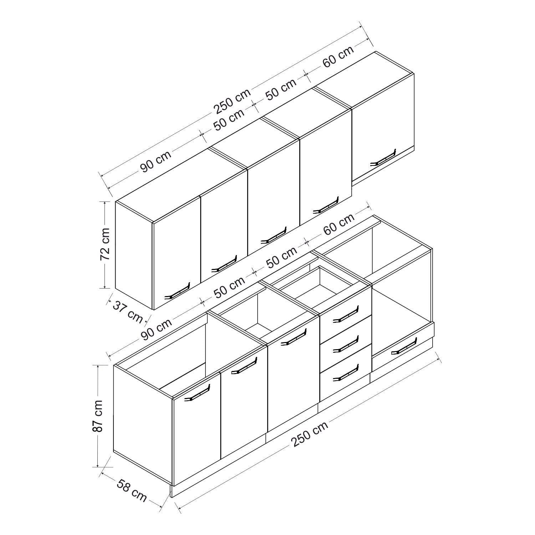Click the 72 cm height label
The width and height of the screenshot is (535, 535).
pos(105,245)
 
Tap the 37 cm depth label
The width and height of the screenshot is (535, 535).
pos(128,311)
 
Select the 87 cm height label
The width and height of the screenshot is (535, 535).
pos(97,416)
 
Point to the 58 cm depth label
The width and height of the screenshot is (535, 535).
pos(132,491)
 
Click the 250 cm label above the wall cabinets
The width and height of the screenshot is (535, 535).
pos(232,102)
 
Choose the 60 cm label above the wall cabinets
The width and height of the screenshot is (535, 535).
pos(338,57)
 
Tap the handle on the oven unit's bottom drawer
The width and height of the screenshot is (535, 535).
pos(403,347)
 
